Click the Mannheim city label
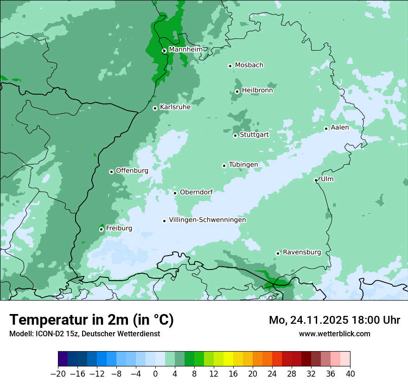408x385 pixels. point(185,49)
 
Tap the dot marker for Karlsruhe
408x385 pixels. point(155,108)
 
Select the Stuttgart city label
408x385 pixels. point(254,135)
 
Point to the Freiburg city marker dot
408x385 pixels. point(101,229)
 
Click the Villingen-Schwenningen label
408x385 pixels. point(207,220)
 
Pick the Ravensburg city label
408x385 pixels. point(302,252)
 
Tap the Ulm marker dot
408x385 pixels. point(316,180)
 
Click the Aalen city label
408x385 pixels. point(340,128)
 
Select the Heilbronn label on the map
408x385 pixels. point(257,90)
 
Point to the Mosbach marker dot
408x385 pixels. point(230,66)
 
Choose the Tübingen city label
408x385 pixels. point(243,165)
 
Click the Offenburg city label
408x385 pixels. point(132,171)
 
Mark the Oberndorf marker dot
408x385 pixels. point(175,193)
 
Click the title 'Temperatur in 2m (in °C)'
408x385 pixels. point(91,320)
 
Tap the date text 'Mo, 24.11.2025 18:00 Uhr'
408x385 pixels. point(334,320)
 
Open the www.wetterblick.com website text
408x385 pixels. point(334,334)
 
